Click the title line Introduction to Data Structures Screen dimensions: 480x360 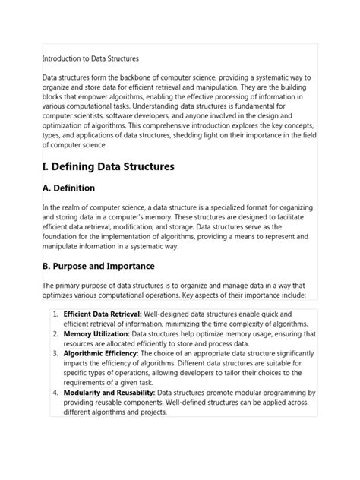pyautogui.click(x=90, y=58)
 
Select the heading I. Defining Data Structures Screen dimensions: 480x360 pyautogui.click(x=109, y=166)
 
